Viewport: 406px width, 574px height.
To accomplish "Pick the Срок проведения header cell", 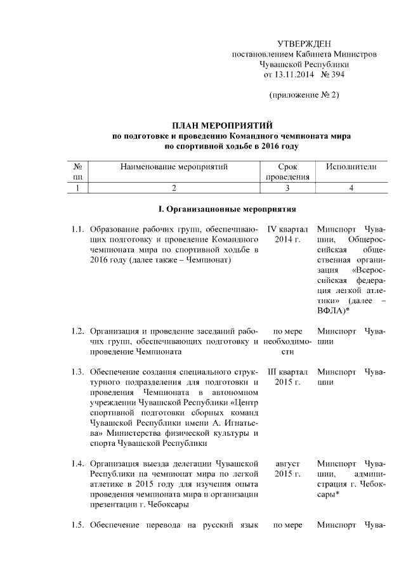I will (x=287, y=172).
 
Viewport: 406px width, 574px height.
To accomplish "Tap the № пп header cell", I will (x=78, y=172).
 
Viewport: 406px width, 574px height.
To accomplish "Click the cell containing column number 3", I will (x=287, y=188).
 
